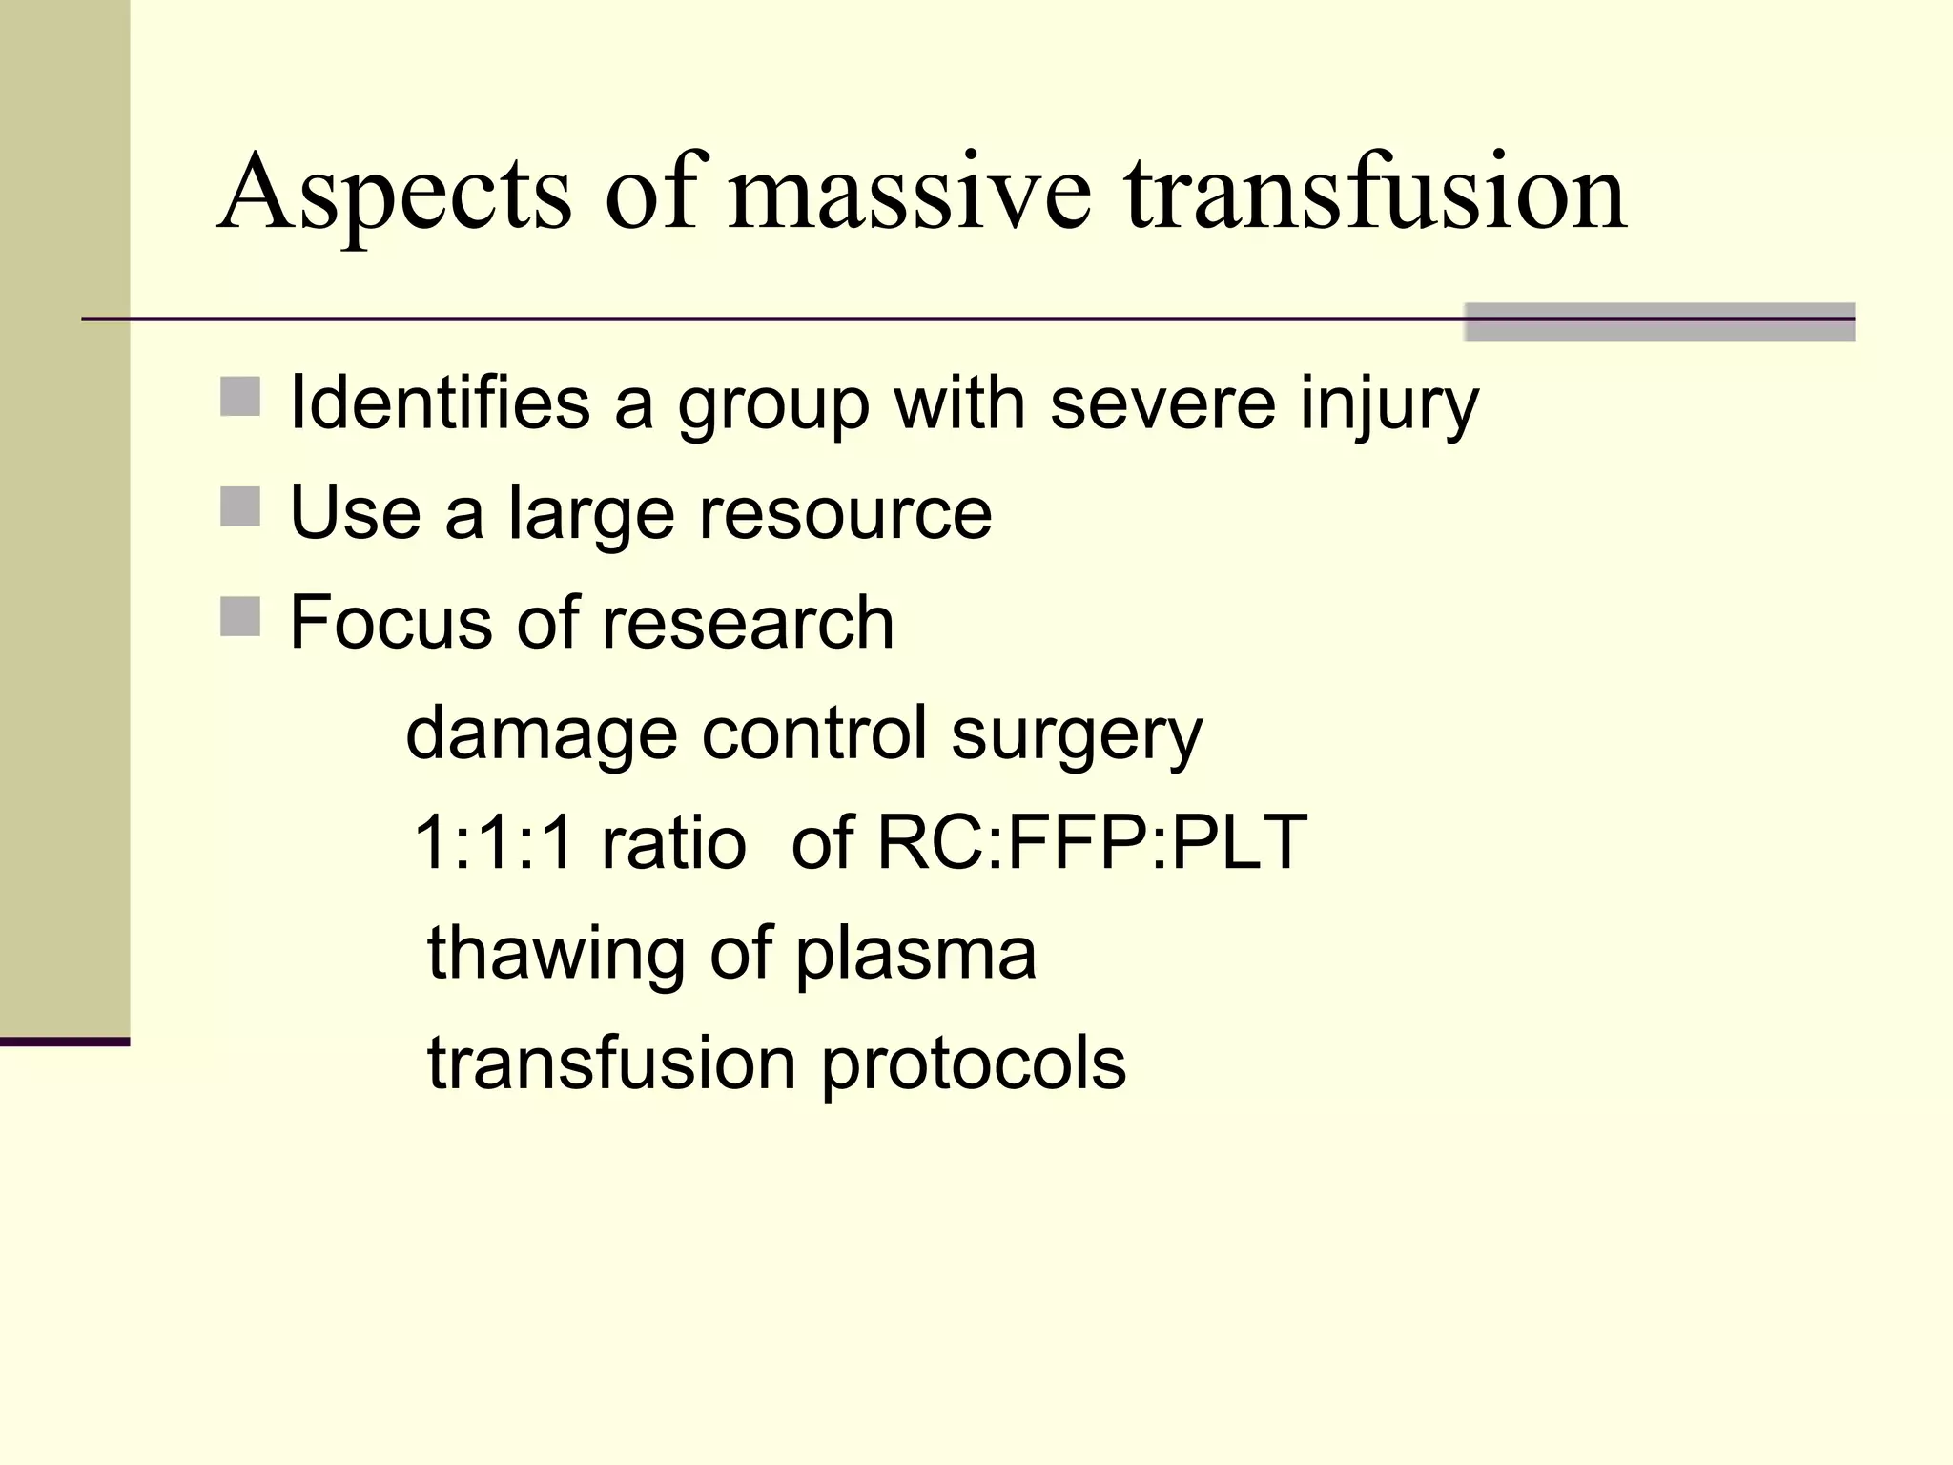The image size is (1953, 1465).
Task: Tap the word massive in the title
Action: [909, 196]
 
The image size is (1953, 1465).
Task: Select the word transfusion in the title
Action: [1375, 196]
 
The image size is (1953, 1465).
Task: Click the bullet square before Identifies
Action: [240, 397]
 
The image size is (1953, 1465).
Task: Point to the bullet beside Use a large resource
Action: [240, 506]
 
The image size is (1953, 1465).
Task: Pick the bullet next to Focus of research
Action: [240, 616]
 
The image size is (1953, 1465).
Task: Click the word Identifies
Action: [440, 402]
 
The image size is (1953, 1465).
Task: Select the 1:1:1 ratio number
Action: [493, 843]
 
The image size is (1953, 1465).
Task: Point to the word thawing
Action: [555, 954]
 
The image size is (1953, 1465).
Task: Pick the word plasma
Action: [915, 954]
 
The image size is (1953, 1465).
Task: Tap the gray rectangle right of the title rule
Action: [1659, 321]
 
